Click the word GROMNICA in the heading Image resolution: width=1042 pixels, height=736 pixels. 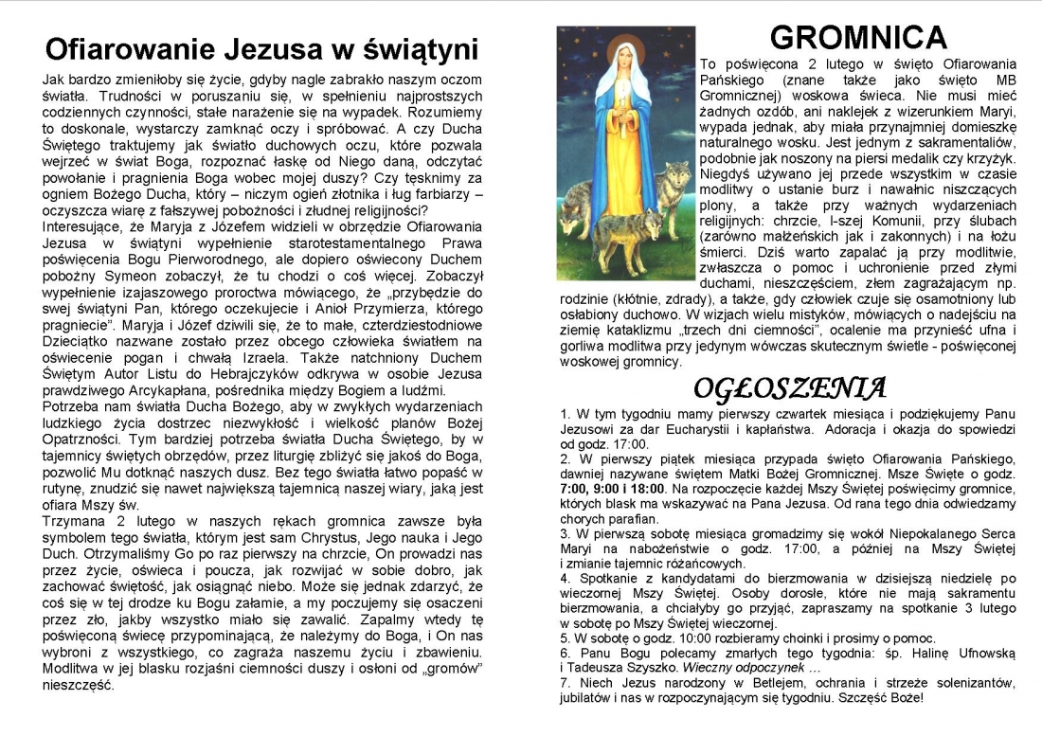(x=858, y=37)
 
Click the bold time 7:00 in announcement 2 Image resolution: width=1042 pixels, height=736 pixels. (x=576, y=489)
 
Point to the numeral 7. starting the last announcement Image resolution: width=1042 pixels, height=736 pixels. (x=566, y=683)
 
